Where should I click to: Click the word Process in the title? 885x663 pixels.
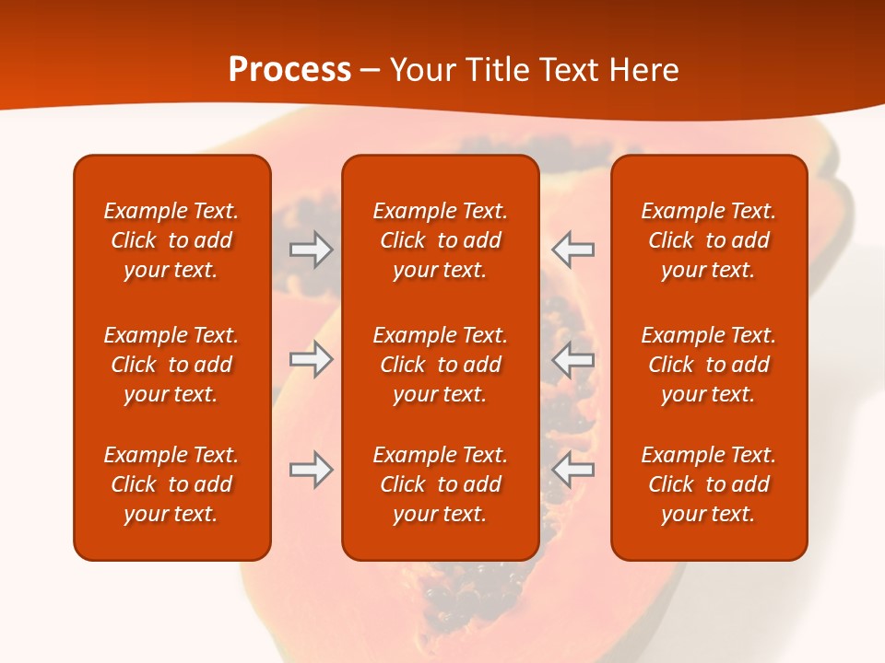click(289, 70)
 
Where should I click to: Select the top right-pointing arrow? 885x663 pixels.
click(311, 250)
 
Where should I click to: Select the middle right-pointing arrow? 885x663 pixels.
click(311, 359)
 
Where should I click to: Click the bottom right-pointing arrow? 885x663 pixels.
click(311, 470)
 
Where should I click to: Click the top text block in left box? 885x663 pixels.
click(171, 240)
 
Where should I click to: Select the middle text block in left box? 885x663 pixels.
click(171, 365)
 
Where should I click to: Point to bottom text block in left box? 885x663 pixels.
click(171, 484)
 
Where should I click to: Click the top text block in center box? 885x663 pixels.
click(440, 240)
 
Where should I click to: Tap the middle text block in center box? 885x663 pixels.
click(440, 365)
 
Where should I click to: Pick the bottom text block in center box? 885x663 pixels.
click(440, 484)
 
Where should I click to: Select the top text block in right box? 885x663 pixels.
click(708, 240)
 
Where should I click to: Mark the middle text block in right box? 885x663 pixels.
click(708, 365)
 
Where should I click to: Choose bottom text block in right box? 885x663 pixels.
click(708, 484)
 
